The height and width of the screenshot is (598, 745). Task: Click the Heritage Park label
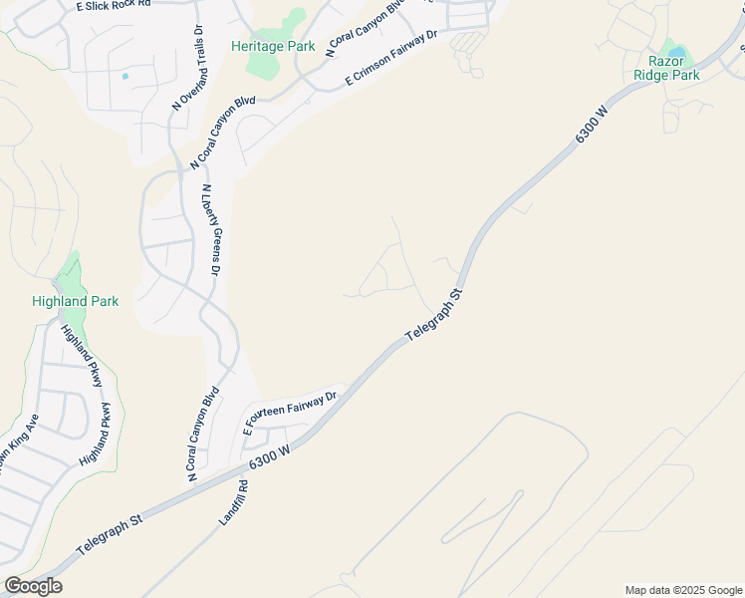point(273,46)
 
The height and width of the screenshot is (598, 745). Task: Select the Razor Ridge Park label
point(667,68)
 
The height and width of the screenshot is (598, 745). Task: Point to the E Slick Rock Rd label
point(113,6)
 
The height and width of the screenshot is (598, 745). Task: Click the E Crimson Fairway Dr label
point(390,60)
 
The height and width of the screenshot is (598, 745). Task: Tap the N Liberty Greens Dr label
point(211,230)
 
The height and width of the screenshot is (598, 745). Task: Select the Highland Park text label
point(75,301)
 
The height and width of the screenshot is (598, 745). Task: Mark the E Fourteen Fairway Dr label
point(292,411)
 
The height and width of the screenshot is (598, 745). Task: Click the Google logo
point(33,586)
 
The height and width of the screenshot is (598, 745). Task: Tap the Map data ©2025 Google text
point(683,590)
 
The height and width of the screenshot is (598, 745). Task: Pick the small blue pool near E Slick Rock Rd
point(124,76)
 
